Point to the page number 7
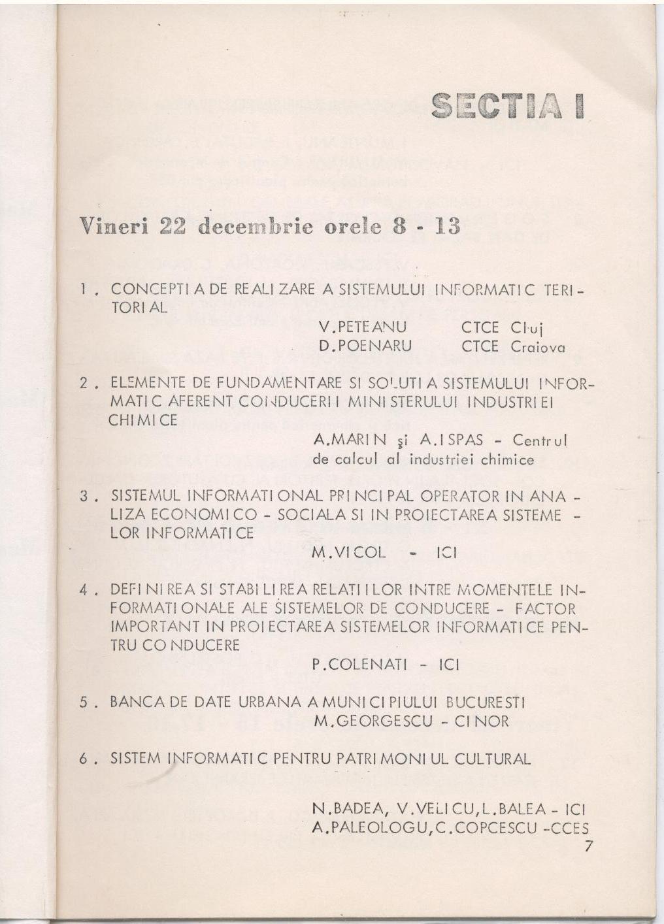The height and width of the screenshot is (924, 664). tap(589, 846)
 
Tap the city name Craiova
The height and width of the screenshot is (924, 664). tap(537, 346)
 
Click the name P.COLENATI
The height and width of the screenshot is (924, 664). tap(359, 665)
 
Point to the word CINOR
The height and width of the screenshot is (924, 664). tap(480, 721)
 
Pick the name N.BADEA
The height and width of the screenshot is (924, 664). tap(350, 808)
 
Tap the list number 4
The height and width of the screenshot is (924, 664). tap(84, 590)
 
